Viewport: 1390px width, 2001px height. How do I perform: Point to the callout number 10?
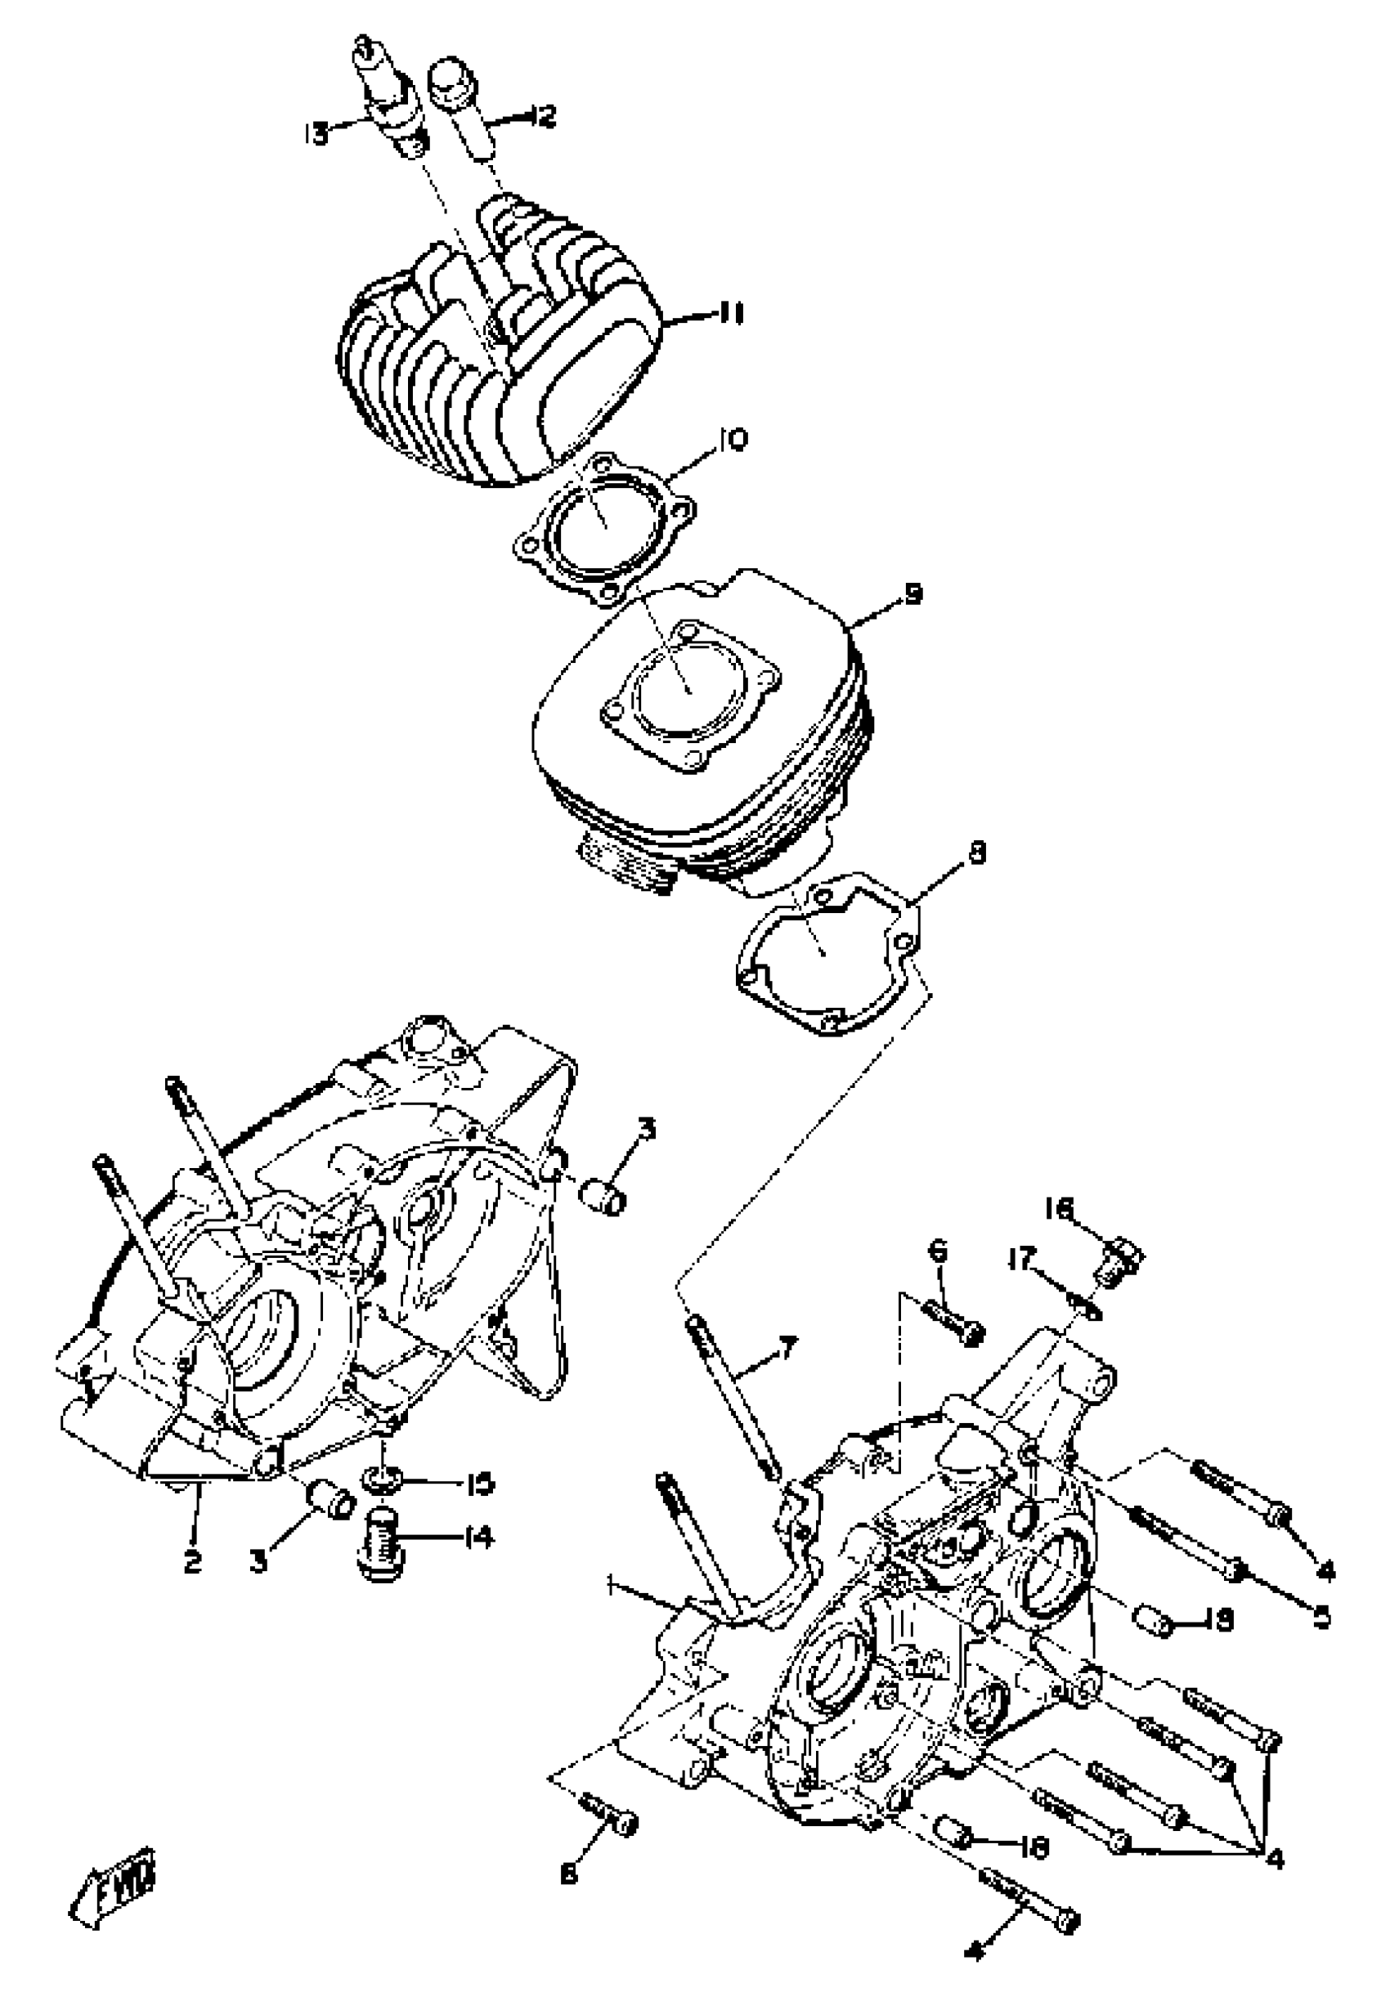tap(731, 440)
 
